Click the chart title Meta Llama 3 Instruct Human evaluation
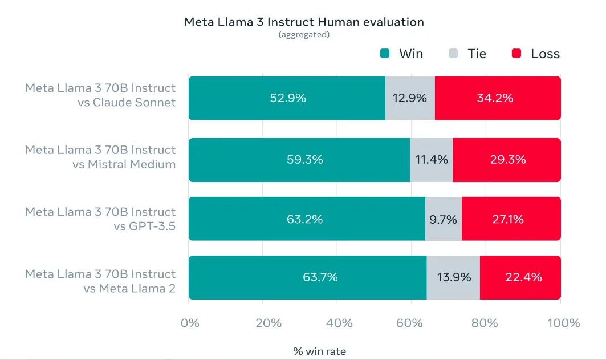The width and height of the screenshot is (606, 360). click(x=303, y=22)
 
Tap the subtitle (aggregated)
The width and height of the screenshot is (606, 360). click(x=304, y=35)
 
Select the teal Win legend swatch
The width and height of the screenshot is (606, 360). click(x=385, y=54)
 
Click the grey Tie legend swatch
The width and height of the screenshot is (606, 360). click(x=453, y=54)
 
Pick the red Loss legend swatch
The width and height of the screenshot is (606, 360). click(x=516, y=54)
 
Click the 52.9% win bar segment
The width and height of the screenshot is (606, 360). click(x=287, y=98)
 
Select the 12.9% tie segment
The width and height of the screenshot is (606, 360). click(x=410, y=98)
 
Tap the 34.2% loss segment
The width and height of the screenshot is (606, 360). click(x=497, y=98)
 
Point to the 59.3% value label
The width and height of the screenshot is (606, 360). click(x=305, y=160)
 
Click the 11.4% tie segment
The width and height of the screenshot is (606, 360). click(x=432, y=160)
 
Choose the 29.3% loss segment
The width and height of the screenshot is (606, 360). click(x=507, y=160)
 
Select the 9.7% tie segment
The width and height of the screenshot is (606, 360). click(x=443, y=219)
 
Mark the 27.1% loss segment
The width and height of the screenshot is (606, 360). click(x=511, y=219)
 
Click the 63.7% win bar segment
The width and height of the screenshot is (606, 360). click(x=307, y=278)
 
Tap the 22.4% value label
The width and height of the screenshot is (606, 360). click(x=523, y=278)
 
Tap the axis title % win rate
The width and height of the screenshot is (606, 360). click(x=320, y=351)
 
